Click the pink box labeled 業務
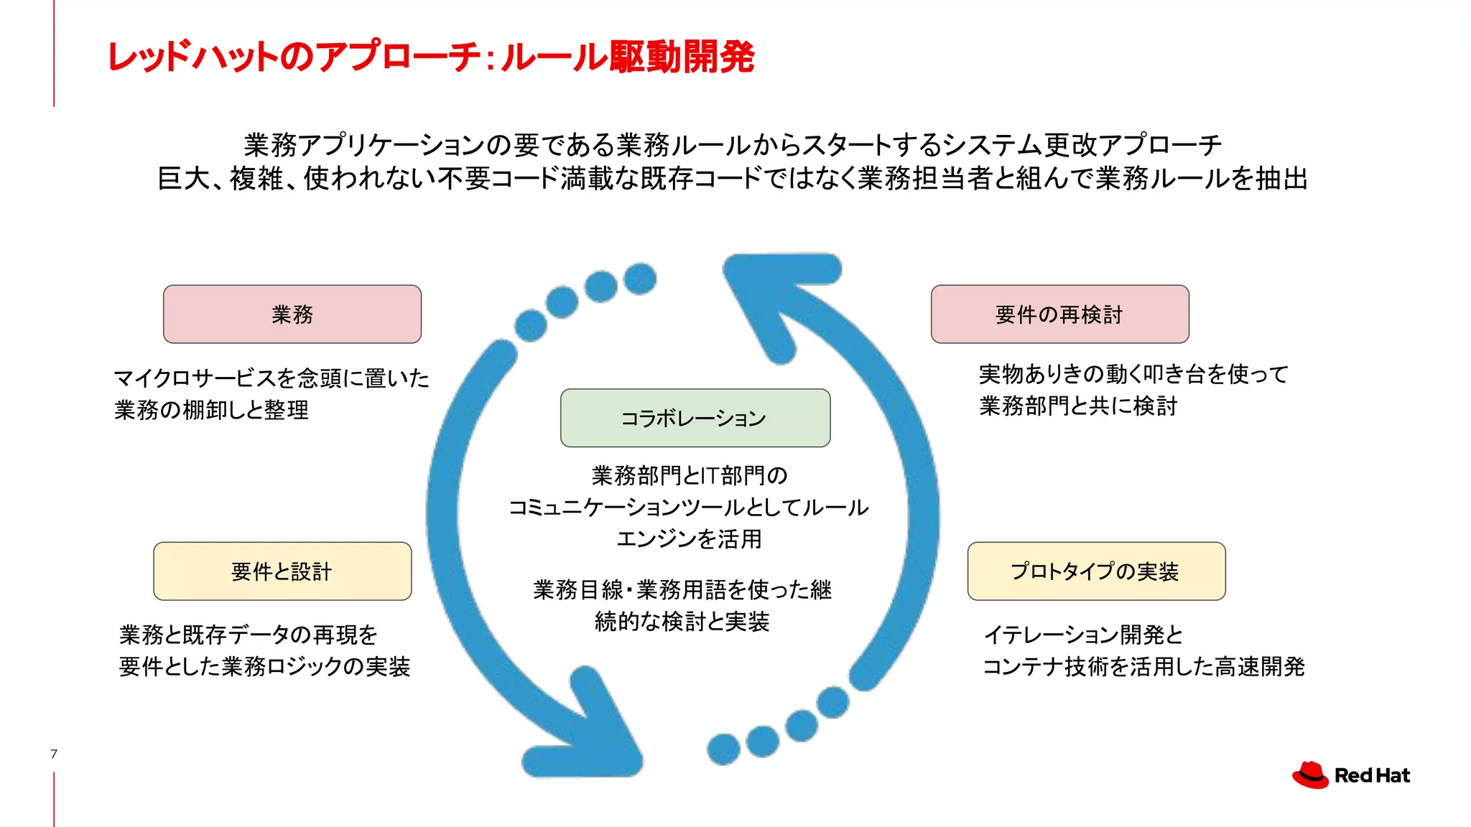pyautogui.click(x=292, y=314)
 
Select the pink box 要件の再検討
pyautogui.click(x=1059, y=314)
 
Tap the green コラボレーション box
pyautogui.click(x=695, y=418)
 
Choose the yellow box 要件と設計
pyautogui.click(x=282, y=571)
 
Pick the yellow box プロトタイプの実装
pyautogui.click(x=1096, y=571)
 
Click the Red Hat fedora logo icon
pyautogui.click(x=1311, y=775)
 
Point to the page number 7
pyautogui.click(x=54, y=754)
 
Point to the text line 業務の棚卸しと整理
pyautogui.click(x=212, y=410)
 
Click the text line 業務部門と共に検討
pyautogui.click(x=1078, y=406)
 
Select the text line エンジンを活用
pyautogui.click(x=690, y=538)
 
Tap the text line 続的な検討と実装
pyautogui.click(x=682, y=622)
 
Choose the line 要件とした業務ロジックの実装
pyautogui.click(x=265, y=667)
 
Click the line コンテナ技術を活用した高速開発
pyautogui.click(x=1143, y=667)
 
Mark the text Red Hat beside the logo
pyautogui.click(x=1372, y=776)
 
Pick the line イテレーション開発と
pyautogui.click(x=1083, y=635)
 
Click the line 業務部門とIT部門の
pyautogui.click(x=690, y=475)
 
